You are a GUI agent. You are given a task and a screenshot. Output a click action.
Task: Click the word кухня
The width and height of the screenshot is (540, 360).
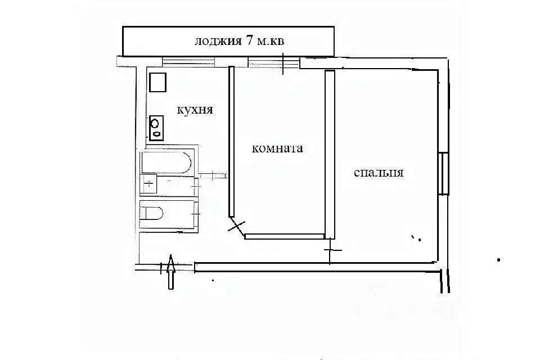195,110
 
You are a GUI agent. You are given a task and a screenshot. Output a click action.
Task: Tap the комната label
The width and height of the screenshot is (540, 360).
277,149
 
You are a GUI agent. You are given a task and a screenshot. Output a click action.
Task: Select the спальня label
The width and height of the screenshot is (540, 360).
379,173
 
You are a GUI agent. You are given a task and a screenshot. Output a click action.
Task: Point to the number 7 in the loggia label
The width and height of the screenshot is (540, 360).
249,41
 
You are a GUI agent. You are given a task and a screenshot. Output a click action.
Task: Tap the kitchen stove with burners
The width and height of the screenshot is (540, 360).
156,127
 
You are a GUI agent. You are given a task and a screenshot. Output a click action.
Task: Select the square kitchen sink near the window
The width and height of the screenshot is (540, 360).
157,83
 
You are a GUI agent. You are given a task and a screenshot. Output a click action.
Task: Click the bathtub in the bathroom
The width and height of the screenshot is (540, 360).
167,162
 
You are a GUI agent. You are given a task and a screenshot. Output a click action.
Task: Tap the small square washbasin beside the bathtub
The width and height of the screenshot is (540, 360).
149,183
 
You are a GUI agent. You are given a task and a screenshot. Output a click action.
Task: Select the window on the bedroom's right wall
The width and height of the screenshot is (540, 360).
444,173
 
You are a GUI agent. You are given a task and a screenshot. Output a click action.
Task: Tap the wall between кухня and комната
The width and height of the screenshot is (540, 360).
231,141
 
